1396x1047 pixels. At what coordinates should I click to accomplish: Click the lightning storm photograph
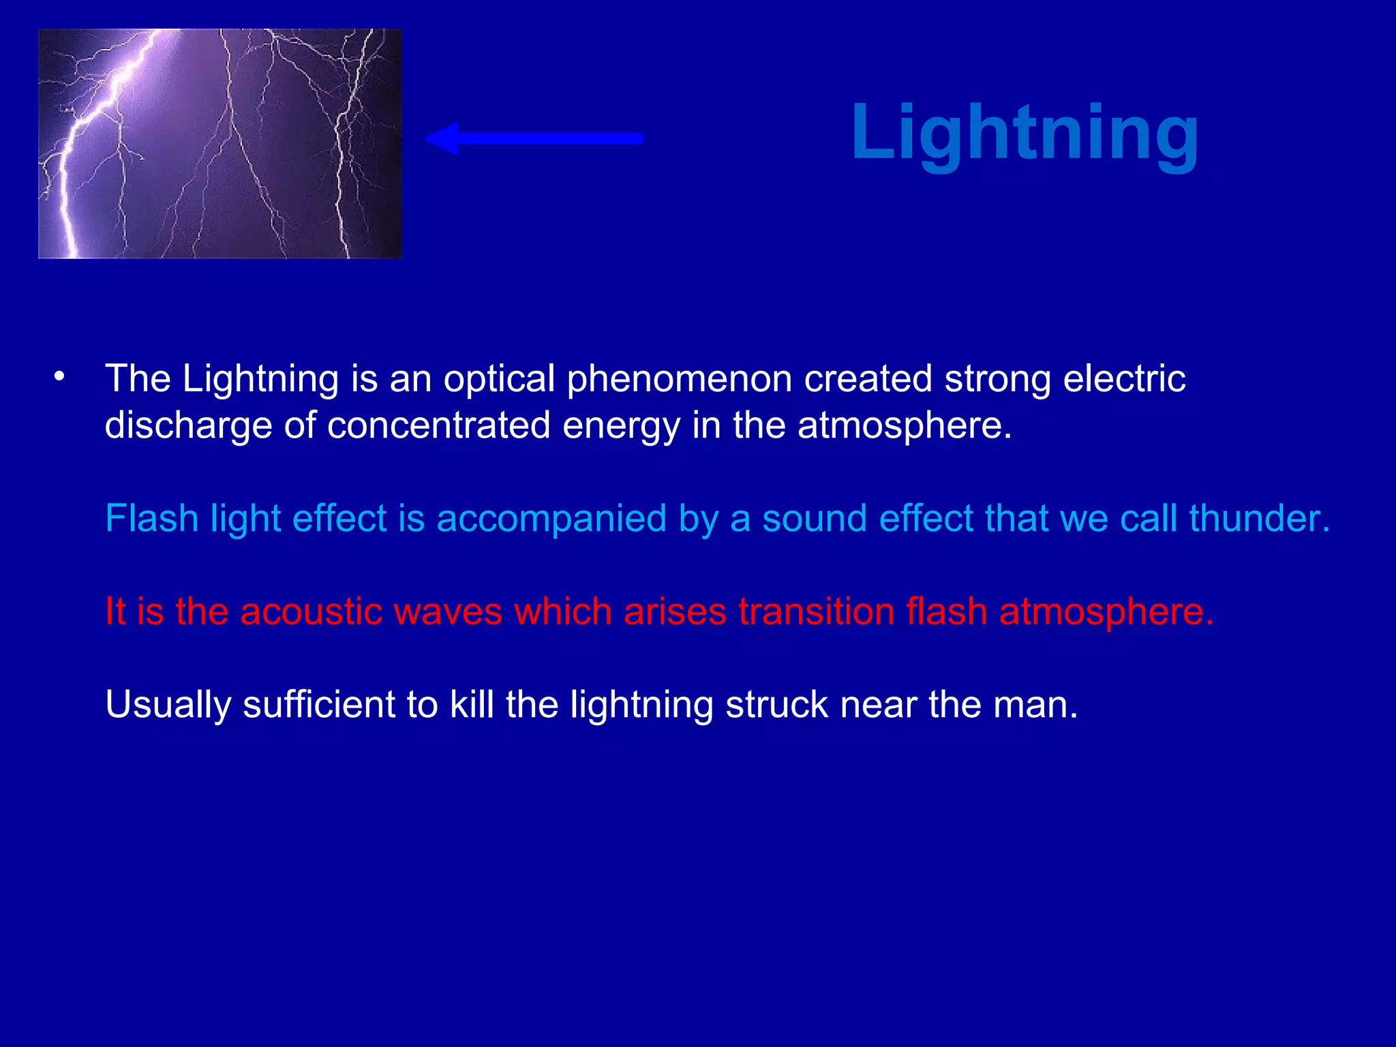[219, 144]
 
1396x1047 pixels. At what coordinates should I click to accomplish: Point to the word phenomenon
[679, 380]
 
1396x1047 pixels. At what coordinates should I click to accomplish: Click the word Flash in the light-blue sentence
[151, 518]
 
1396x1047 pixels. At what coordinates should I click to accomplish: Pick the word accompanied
[551, 519]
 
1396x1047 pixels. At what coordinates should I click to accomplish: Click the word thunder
[1259, 518]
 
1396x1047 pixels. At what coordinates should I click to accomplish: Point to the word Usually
[168, 705]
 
